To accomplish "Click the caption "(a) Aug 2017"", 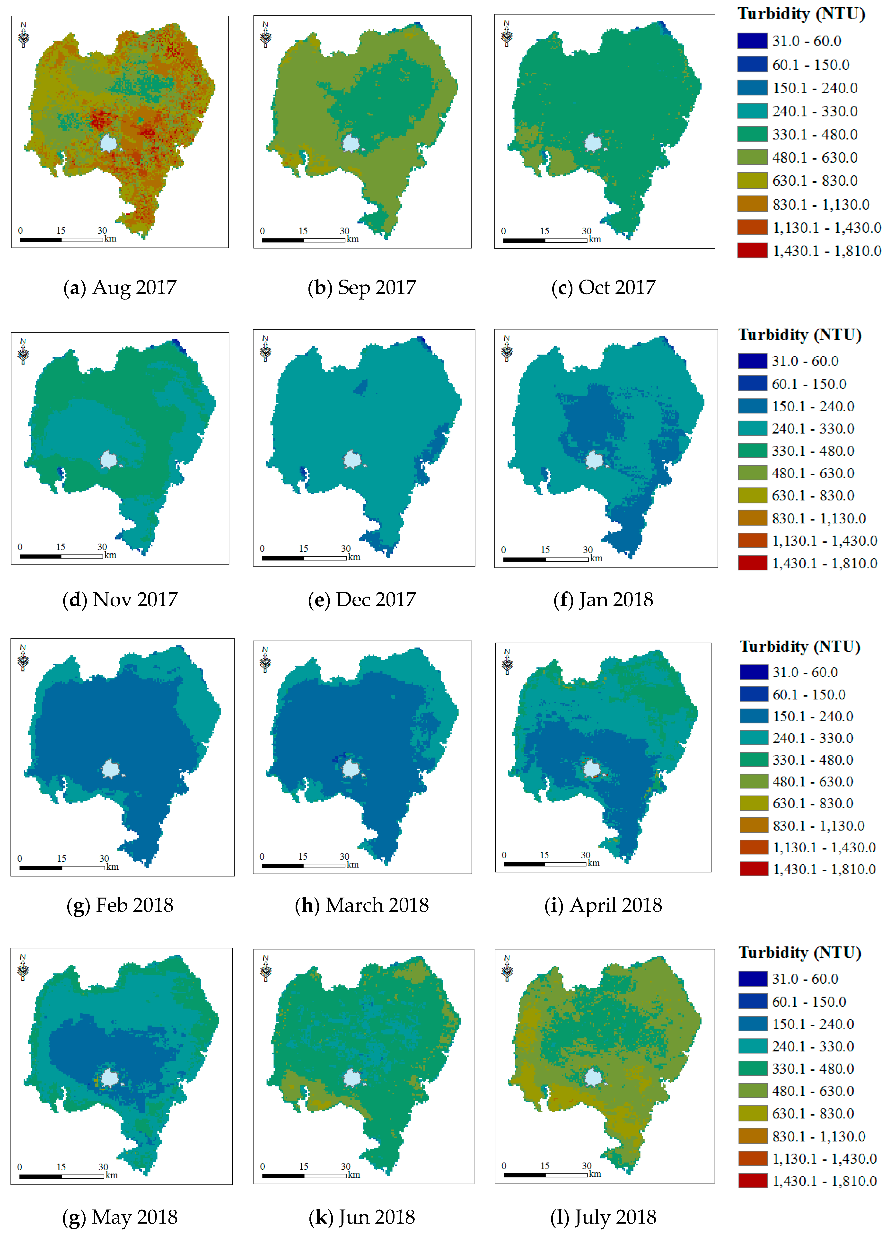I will (120, 287).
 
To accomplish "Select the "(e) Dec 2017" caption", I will (362, 600).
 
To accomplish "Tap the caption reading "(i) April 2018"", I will (603, 905).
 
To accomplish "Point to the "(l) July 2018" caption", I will (603, 1217).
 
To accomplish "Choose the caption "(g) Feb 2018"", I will (120, 905).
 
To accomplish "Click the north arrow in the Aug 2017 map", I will (23, 35).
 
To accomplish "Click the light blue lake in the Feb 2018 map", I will (111, 768).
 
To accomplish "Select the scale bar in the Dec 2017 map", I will (304, 558).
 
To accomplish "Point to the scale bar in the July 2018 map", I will (545, 1175).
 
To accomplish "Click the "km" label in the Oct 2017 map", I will (594, 239).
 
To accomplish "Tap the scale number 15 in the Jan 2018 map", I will (545, 550).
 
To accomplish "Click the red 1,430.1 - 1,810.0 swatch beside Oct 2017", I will (752, 251).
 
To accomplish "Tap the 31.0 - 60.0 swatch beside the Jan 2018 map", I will (752, 361).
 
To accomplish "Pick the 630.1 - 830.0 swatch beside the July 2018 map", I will (752, 1113).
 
